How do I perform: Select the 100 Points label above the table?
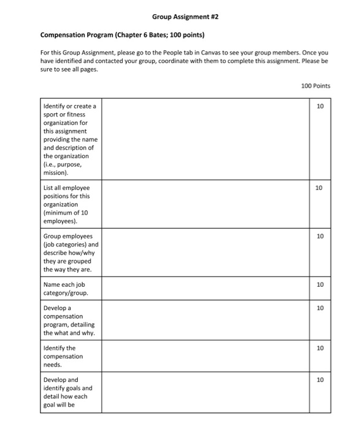(315, 86)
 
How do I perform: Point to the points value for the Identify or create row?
(319, 106)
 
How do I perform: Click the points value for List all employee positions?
(319, 188)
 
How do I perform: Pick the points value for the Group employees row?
(319, 236)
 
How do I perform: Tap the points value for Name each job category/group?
(319, 284)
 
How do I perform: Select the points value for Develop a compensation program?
(319, 308)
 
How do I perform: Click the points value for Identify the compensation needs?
(319, 348)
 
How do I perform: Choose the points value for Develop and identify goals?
(319, 380)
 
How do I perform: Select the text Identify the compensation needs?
(63, 356)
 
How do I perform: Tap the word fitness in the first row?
(72, 115)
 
